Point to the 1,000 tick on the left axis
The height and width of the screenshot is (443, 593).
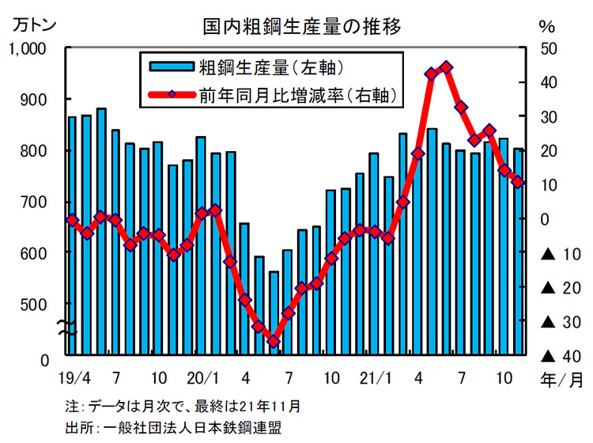click(28, 49)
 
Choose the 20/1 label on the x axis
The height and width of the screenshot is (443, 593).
click(202, 377)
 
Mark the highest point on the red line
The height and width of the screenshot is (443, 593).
click(446, 67)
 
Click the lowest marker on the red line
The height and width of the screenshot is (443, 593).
click(274, 342)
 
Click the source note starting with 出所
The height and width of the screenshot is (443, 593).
click(173, 427)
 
